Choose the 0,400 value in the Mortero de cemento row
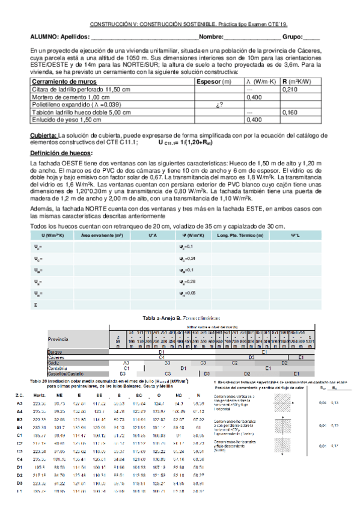point(255,97)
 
